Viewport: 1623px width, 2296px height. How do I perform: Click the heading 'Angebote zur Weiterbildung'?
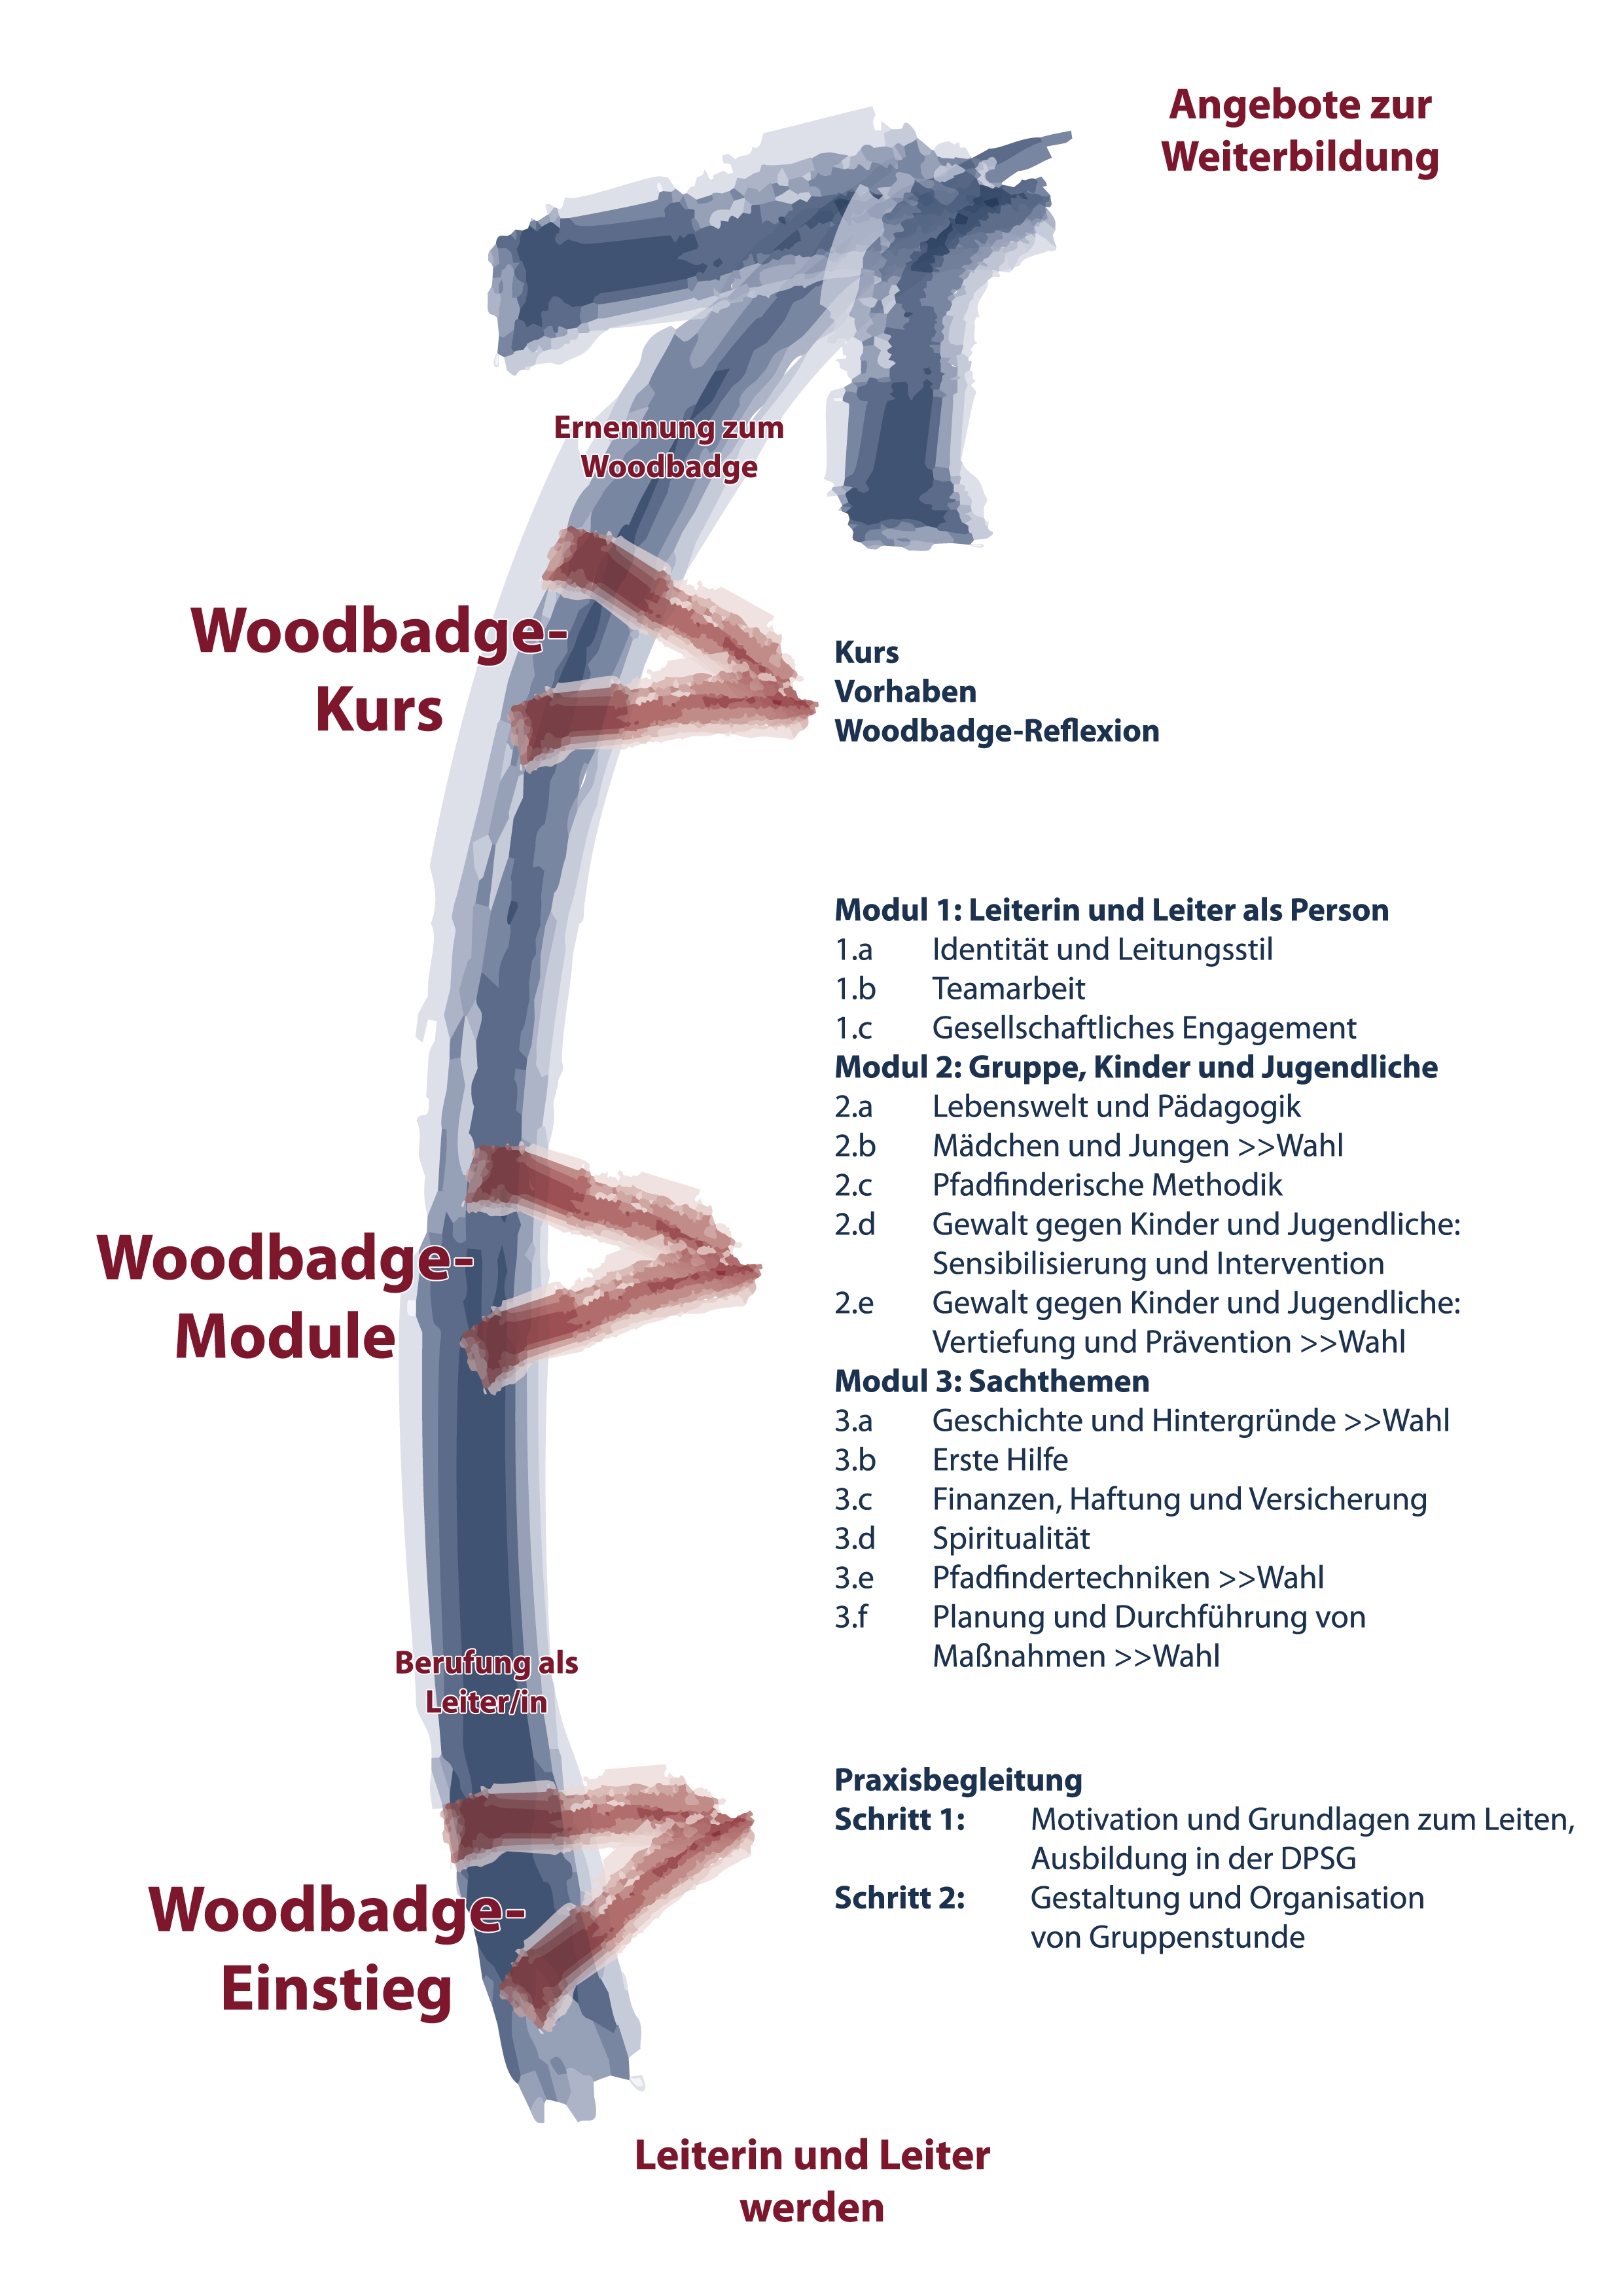tap(1300, 131)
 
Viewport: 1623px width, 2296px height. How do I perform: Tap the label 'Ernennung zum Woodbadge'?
tap(669, 447)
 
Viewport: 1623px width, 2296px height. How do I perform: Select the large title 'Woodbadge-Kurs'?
tap(379, 671)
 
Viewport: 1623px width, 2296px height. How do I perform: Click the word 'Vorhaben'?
tap(905, 692)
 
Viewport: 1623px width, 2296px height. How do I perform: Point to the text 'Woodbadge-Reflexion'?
tap(997, 732)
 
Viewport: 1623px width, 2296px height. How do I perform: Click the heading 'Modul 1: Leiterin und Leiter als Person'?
tap(1111, 910)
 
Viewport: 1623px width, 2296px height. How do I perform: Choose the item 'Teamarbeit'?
tap(1008, 989)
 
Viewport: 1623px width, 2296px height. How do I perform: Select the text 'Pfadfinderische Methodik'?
tap(1107, 1185)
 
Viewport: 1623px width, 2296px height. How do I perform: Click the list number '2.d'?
tap(855, 1224)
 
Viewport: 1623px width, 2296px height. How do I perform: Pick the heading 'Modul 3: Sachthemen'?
tap(992, 1381)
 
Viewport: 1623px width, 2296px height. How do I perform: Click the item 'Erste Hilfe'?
tap(1000, 1460)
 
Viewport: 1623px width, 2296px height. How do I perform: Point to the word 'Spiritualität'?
tap(1011, 1539)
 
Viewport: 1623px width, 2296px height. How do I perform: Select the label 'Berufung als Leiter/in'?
tap(486, 1682)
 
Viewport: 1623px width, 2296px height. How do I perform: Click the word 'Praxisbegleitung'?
tap(958, 1781)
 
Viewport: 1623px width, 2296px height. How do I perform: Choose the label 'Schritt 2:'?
tap(900, 1898)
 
